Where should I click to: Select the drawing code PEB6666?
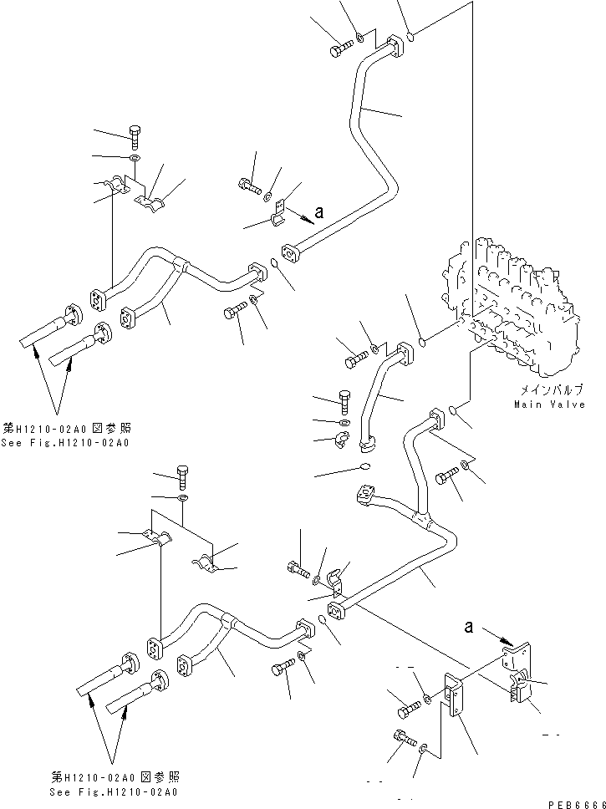(574, 800)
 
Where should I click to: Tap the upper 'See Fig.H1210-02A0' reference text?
(74, 442)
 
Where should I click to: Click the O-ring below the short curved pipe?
(365, 466)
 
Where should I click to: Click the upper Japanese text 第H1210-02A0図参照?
(74, 428)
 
